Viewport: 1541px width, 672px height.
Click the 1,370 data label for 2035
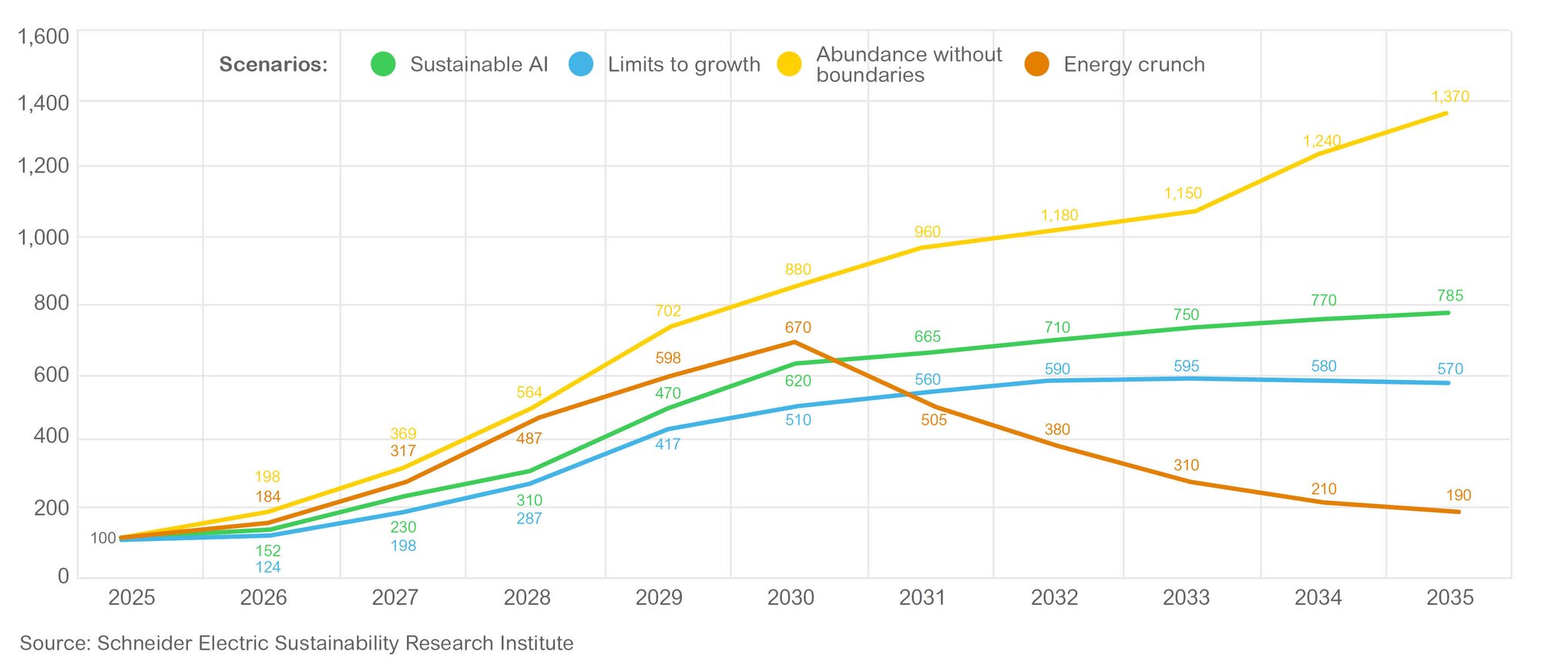coord(1450,97)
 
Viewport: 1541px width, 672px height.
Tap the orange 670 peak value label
coord(797,328)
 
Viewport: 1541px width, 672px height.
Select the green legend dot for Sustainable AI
coord(383,64)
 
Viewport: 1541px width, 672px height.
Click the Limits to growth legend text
coord(683,65)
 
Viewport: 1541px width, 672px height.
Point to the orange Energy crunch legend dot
coord(1036,64)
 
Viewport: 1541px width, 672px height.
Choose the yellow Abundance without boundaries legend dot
coord(789,64)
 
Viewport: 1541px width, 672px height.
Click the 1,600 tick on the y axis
coord(43,37)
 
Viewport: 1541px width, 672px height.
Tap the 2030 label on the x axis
coord(791,597)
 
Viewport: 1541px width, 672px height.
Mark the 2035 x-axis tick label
coord(1449,597)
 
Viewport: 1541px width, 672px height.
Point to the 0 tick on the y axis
coord(63,576)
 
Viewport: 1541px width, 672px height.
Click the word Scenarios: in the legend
coord(273,65)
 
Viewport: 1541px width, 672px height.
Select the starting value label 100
coord(102,538)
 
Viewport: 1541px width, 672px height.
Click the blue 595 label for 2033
coord(1186,366)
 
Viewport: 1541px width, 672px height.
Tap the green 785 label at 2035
coord(1449,296)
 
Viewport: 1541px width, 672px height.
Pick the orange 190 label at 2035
coord(1458,496)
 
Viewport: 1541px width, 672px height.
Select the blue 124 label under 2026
coord(267,567)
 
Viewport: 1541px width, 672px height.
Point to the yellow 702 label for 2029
coord(667,311)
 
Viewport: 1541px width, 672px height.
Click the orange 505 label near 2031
coord(933,420)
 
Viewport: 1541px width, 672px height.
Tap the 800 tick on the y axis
coord(51,304)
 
